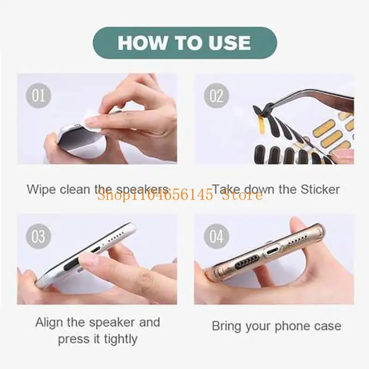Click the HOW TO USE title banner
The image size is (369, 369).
click(184, 42)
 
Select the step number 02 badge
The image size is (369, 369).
click(216, 95)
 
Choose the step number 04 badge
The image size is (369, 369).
click(216, 236)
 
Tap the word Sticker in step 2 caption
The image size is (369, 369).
click(320, 189)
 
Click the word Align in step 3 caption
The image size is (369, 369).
click(49, 322)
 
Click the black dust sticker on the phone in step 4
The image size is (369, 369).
click(241, 266)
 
